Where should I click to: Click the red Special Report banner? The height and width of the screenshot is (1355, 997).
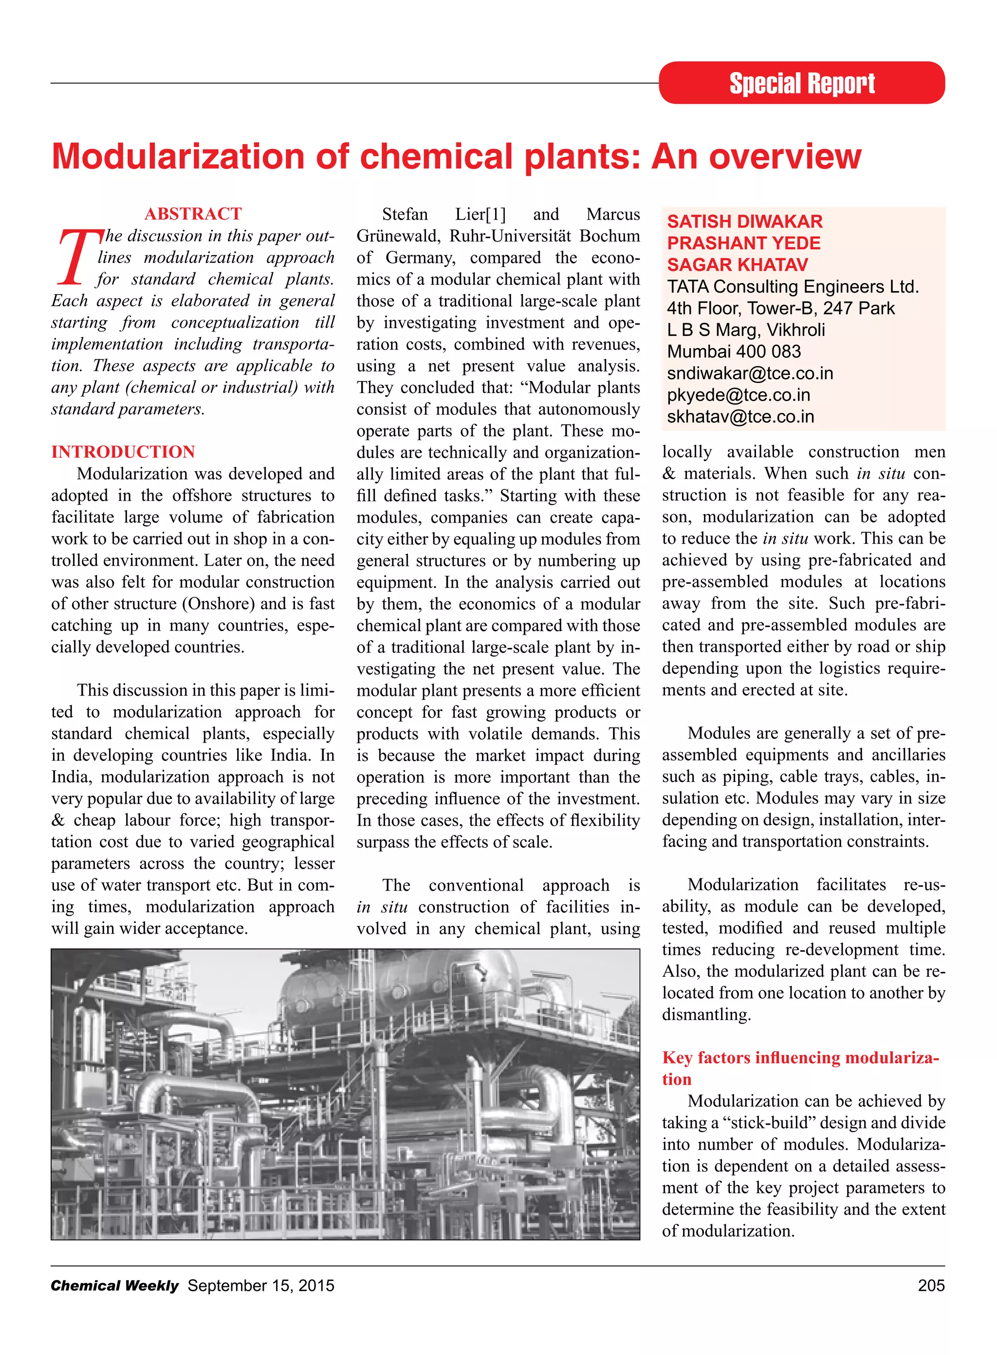click(801, 83)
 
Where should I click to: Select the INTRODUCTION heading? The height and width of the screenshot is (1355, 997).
click(123, 451)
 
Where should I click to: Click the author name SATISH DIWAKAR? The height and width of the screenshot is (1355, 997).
click(744, 222)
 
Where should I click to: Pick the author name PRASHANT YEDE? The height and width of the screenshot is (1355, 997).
click(743, 243)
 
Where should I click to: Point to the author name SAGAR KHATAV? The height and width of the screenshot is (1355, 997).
click(737, 265)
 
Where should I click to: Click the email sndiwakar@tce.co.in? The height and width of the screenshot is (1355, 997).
click(750, 373)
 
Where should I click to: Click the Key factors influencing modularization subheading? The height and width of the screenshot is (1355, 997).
click(800, 1058)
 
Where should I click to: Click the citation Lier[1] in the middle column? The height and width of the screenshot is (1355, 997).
click(480, 214)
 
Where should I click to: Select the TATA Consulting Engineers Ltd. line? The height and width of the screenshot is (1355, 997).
click(793, 287)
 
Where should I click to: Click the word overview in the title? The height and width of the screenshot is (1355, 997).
click(785, 156)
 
